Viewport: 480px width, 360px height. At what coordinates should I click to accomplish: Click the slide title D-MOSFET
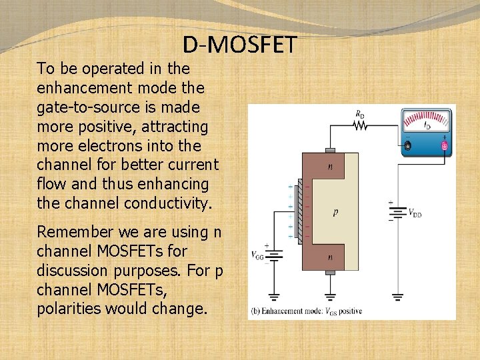239,45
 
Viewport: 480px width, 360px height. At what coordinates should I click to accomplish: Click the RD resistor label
360,115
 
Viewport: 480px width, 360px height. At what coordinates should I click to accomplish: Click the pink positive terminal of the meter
444,145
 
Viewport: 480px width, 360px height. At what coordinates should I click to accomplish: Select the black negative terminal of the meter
407,145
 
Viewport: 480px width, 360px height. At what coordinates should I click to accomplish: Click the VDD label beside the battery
414,213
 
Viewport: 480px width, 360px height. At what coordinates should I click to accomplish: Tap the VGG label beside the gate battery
257,255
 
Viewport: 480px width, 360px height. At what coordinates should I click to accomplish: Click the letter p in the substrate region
335,212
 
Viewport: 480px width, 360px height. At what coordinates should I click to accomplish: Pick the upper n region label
330,167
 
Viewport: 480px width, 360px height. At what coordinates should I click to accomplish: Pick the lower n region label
330,255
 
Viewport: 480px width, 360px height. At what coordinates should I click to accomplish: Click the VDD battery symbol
398,213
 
